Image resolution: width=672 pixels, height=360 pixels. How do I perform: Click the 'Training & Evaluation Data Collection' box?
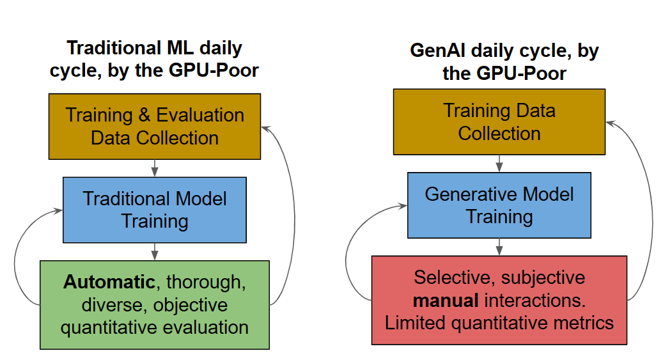point(155,126)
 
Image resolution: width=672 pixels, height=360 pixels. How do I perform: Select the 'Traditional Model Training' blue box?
point(155,210)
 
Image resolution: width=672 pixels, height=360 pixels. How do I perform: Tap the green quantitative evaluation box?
point(155,304)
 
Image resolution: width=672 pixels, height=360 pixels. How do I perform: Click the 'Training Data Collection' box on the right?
point(499,121)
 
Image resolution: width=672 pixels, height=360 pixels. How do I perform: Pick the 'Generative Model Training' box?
point(499,205)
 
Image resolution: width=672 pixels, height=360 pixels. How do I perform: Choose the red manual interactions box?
point(499,300)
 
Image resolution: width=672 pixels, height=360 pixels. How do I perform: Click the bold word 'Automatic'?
point(109,282)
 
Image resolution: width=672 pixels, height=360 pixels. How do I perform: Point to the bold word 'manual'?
point(441,300)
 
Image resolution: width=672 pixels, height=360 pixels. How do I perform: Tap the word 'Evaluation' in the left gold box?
point(200,115)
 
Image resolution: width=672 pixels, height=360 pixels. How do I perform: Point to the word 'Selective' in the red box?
point(453,278)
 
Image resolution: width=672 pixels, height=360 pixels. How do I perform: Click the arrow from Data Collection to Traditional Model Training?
point(155,168)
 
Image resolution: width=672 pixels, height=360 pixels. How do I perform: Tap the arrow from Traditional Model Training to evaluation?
point(155,251)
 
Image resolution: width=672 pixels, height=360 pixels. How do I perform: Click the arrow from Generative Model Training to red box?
point(499,247)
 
